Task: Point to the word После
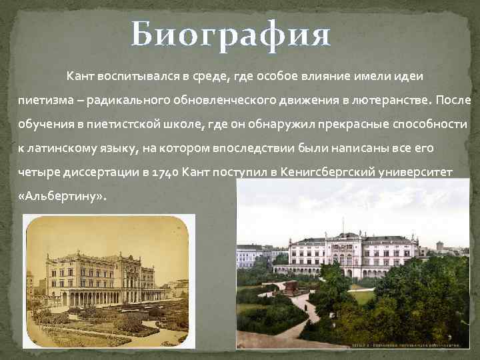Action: coord(454,100)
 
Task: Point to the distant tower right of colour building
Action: coord(441,245)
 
